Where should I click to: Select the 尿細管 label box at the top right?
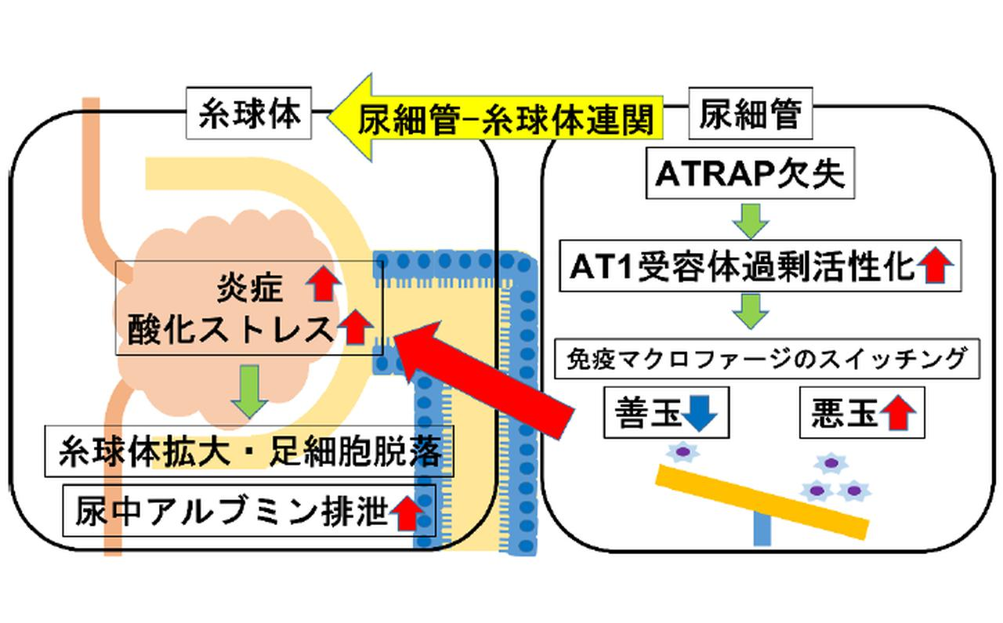(751, 115)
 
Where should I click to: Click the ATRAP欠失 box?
(749, 176)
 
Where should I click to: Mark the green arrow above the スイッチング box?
(751, 312)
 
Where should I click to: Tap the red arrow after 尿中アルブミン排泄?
(406, 513)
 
